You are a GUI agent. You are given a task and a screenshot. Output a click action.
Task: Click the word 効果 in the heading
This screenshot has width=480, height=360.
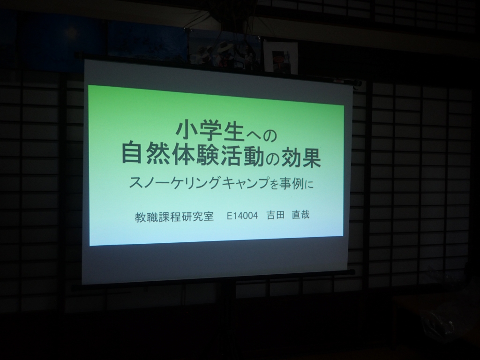301,157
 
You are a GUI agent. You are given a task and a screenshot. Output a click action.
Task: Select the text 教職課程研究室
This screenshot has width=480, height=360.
174,217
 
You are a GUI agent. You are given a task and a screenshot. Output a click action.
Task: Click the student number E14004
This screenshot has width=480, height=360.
242,216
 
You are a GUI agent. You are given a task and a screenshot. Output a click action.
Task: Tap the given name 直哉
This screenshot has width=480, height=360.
300,215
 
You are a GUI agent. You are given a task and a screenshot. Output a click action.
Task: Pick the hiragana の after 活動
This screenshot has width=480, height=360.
272,159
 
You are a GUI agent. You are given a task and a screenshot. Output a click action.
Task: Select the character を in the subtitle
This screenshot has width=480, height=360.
274,184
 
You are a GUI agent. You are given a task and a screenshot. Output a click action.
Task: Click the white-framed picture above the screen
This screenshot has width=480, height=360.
281,58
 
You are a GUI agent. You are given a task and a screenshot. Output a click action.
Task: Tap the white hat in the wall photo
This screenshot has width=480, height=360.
225,47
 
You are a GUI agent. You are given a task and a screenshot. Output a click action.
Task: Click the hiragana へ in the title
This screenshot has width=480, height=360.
252,135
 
